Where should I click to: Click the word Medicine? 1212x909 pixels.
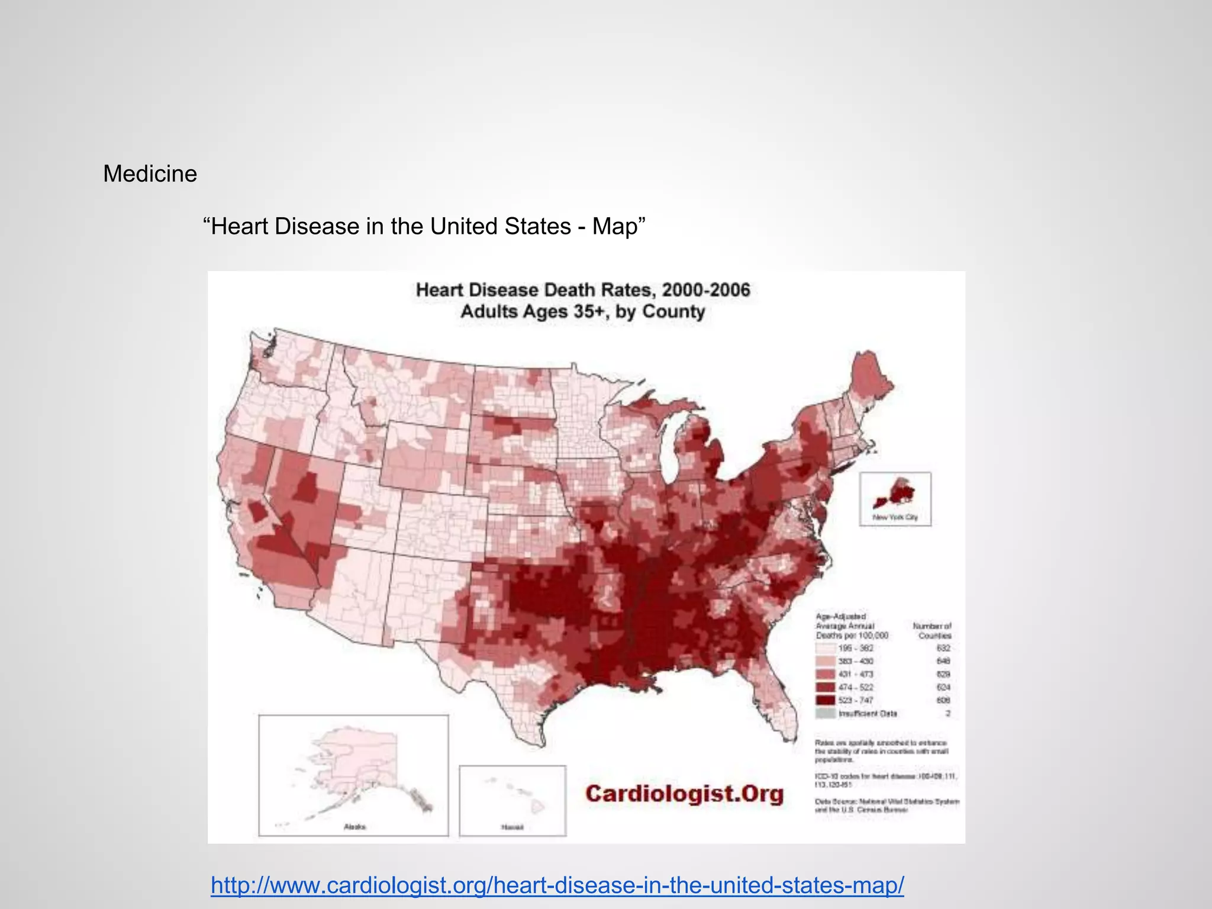150,174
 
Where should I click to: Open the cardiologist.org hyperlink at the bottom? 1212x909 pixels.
557,885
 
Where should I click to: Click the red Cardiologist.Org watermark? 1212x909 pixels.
684,794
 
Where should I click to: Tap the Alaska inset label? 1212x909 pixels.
354,827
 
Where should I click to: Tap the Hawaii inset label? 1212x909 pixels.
512,827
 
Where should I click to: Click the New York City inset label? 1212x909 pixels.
895,517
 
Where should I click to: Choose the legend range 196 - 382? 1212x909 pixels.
855,648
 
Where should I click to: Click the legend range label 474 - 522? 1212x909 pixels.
855,687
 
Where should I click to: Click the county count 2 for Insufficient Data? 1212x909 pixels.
947,713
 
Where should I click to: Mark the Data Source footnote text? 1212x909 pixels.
887,805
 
